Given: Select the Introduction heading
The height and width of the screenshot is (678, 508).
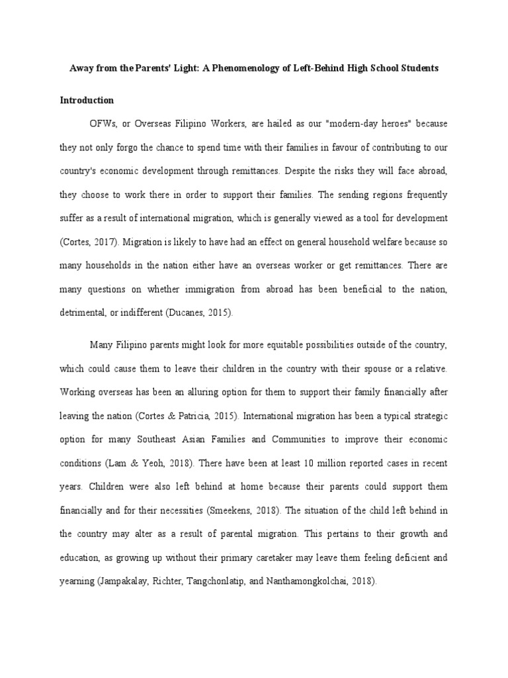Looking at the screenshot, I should click(87, 101).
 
